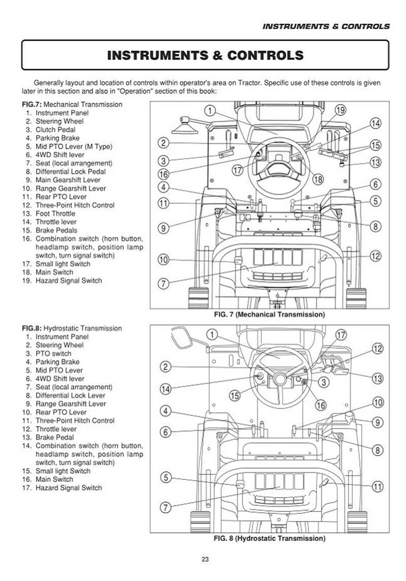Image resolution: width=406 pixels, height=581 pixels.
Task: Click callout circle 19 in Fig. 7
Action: pyautogui.click(x=341, y=110)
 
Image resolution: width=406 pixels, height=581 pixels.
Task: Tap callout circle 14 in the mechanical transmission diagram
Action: pyautogui.click(x=375, y=124)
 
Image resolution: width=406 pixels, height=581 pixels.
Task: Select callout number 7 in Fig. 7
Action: pyautogui.click(x=163, y=284)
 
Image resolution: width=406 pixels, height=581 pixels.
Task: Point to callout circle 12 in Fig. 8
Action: pyautogui.click(x=377, y=348)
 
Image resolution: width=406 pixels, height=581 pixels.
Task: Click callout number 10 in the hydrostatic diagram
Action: pyautogui.click(x=378, y=402)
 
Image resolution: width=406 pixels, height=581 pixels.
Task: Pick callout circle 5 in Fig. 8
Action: pyautogui.click(x=165, y=478)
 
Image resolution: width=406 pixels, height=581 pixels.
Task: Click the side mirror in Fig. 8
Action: pyautogui.click(x=182, y=338)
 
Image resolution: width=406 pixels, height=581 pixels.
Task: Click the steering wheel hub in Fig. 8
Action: pyautogui.click(x=280, y=379)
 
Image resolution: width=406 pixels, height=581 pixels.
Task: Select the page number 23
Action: pyautogui.click(x=205, y=559)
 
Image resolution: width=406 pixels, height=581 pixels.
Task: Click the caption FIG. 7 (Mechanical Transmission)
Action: pyautogui.click(x=269, y=315)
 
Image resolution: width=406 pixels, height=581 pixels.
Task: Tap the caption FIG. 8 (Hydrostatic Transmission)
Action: pyautogui.click(x=269, y=538)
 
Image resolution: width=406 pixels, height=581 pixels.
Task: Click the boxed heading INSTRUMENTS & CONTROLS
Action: pyautogui.click(x=206, y=55)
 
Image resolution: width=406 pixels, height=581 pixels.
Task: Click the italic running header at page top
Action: pyautogui.click(x=326, y=26)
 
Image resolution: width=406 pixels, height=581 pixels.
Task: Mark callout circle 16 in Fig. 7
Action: pyautogui.click(x=163, y=174)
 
